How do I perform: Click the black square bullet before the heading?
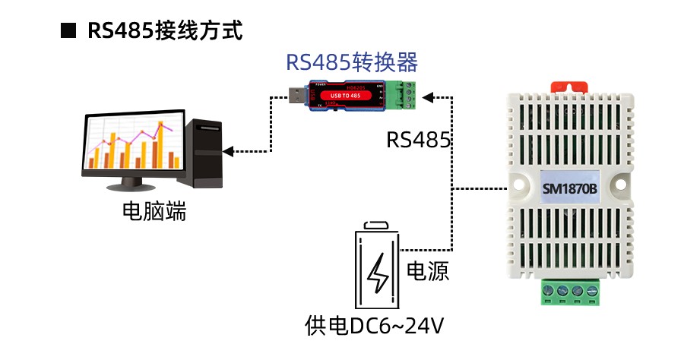(x=69, y=31)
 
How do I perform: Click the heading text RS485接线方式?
(x=164, y=31)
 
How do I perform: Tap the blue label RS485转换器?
(x=351, y=62)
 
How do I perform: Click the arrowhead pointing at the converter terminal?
(x=427, y=96)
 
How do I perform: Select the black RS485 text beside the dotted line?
(x=419, y=139)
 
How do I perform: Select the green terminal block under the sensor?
(x=572, y=291)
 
